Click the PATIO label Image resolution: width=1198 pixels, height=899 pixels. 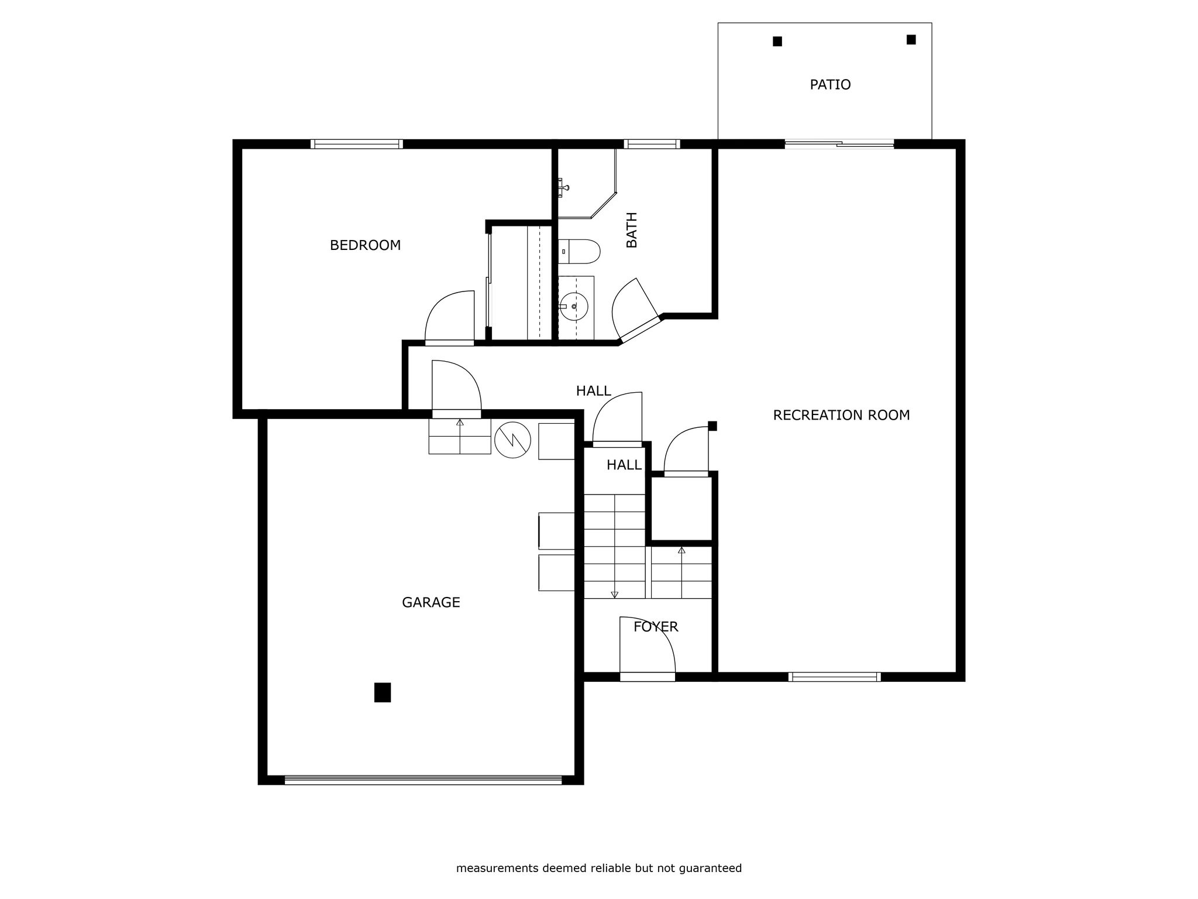click(x=830, y=85)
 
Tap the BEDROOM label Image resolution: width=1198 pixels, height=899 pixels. click(x=365, y=245)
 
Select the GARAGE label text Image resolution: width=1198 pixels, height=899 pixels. click(x=431, y=602)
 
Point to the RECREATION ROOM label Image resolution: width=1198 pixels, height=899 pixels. click(x=841, y=415)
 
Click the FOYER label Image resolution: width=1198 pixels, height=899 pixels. click(x=656, y=627)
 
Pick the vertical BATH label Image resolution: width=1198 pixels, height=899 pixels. click(x=632, y=230)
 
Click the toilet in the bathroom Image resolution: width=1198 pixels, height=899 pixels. click(x=579, y=251)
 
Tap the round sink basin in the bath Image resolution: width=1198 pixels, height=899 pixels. click(x=574, y=307)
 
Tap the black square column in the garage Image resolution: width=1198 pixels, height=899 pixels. click(x=383, y=692)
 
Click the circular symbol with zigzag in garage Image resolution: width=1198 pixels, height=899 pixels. click(x=512, y=440)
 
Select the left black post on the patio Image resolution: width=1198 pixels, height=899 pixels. click(x=777, y=41)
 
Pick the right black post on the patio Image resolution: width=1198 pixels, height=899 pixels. click(x=911, y=39)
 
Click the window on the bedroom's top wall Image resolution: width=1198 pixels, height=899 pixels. click(x=356, y=144)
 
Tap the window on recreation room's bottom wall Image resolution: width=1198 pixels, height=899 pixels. click(x=834, y=677)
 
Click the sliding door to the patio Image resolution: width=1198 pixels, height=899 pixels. click(x=839, y=143)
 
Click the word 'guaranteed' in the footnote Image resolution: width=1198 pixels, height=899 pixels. click(x=710, y=869)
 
